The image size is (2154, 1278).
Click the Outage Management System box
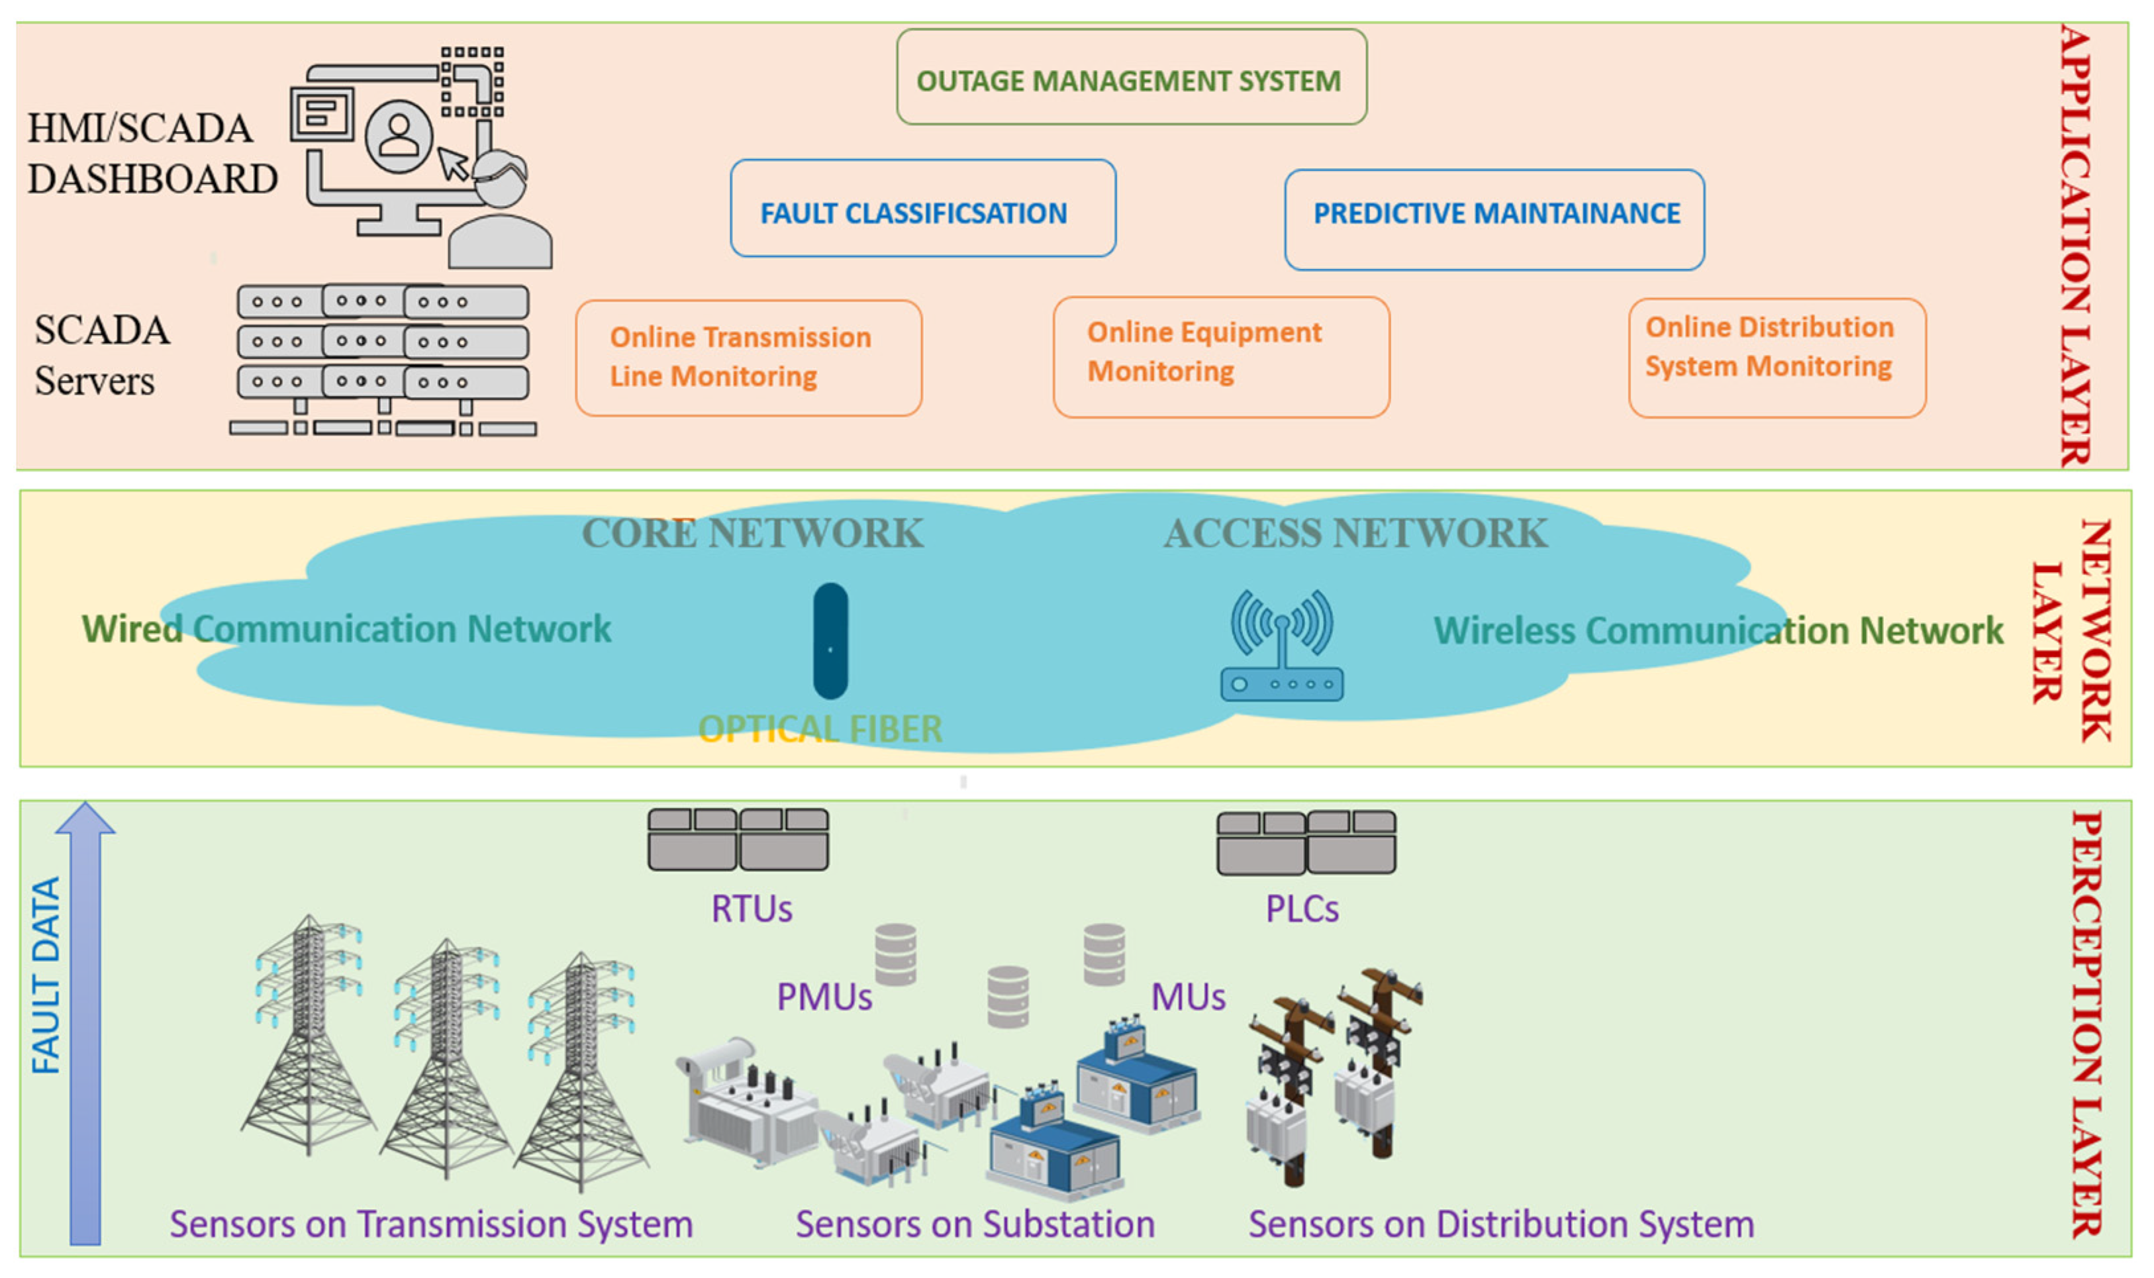[x=1130, y=77]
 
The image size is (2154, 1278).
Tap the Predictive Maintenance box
[x=1494, y=220]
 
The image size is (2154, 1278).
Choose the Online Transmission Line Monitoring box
[x=748, y=358]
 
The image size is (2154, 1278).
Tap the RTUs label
[x=751, y=909]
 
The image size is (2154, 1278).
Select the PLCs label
[x=1301, y=909]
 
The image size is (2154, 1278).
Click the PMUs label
[x=824, y=997]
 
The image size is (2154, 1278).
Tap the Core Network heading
[x=752, y=533]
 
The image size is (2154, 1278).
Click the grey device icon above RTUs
[x=738, y=839]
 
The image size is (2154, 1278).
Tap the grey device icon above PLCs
[x=1305, y=842]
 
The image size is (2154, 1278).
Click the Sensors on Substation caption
[x=975, y=1224]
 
